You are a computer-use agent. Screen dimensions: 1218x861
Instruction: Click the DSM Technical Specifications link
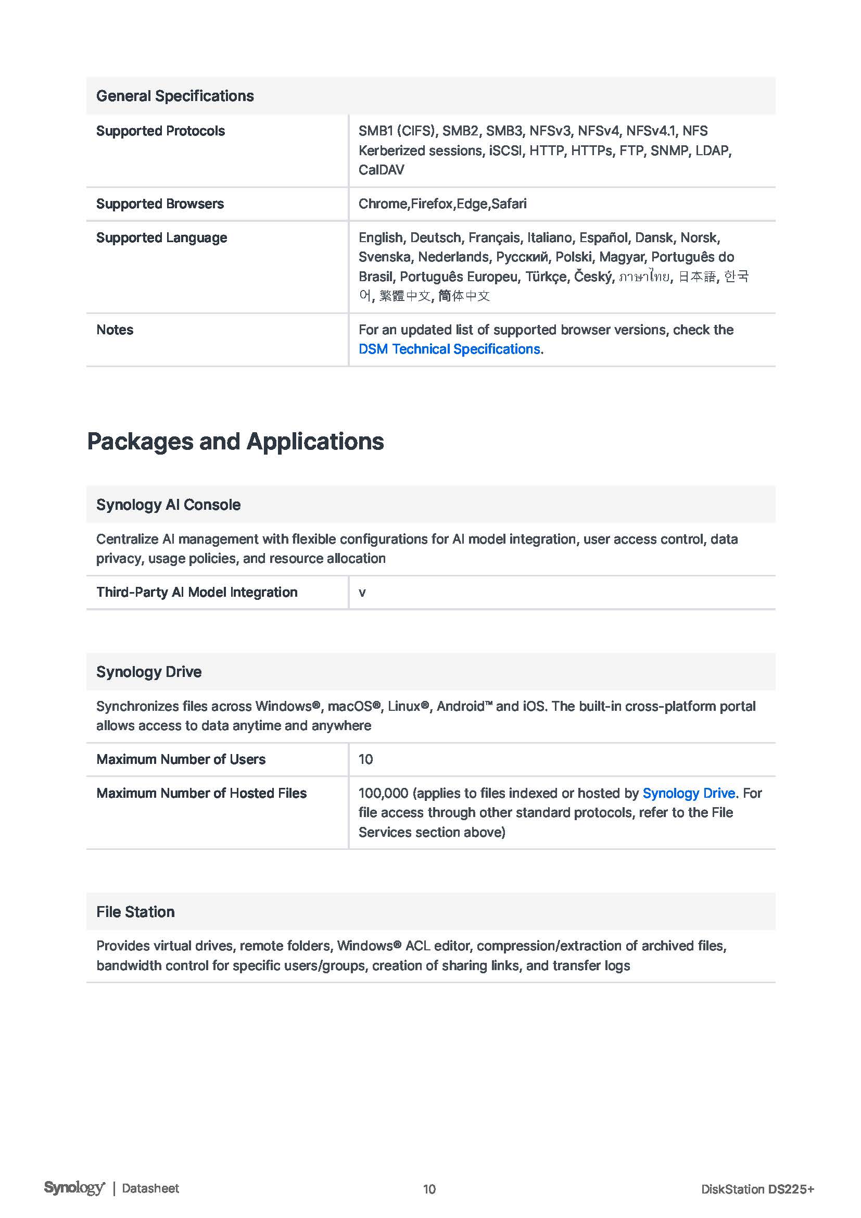449,349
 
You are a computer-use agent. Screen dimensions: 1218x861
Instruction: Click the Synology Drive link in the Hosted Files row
688,793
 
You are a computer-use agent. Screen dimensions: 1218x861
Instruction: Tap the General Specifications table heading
175,96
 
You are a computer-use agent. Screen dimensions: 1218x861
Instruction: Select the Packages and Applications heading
235,442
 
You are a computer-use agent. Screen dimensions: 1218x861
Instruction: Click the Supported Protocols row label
160,131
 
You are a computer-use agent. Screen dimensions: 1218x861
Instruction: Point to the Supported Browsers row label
160,204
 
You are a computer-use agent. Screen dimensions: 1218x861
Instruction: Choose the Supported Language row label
161,237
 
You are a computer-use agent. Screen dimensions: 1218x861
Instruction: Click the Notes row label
115,330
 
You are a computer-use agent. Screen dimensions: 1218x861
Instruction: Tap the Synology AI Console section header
168,505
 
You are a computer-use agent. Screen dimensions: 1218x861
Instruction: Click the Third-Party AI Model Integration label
197,592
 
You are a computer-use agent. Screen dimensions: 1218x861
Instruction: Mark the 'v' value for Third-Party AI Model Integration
362,593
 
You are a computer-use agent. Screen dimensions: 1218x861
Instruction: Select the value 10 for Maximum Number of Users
365,759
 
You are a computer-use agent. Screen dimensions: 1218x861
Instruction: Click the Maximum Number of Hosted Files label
201,793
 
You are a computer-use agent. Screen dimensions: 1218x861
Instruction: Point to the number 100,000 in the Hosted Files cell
383,793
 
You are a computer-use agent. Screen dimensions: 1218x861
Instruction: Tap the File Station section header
135,912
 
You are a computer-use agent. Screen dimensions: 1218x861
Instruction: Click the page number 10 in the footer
429,1189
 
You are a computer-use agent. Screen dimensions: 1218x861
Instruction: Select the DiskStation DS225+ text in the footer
757,1189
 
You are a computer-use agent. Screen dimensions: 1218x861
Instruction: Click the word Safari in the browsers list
509,204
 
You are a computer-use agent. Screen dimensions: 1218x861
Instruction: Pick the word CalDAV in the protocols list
381,170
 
